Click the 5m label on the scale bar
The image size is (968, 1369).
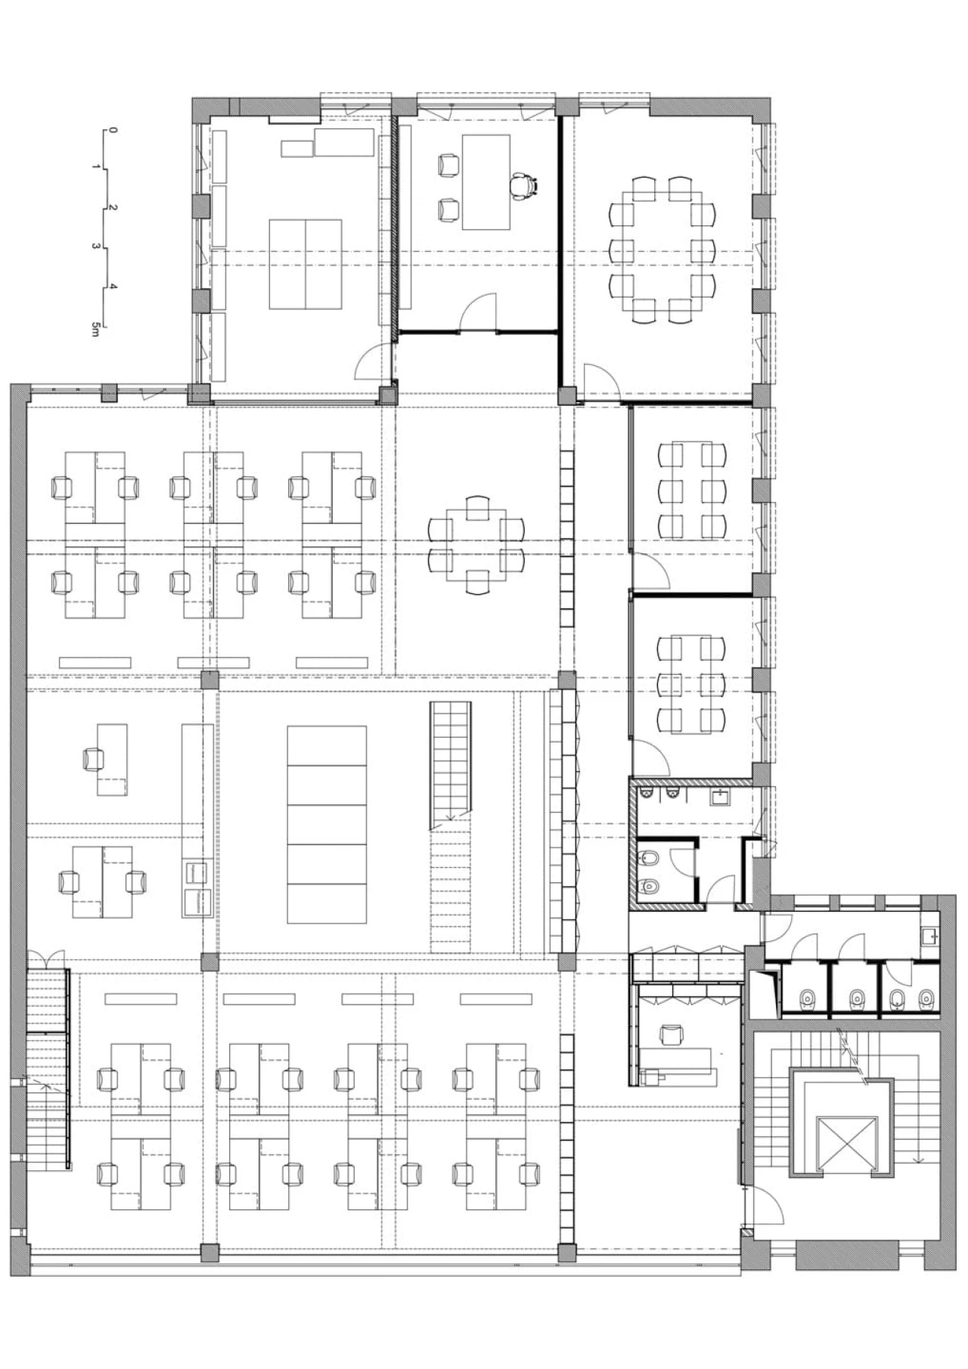pyautogui.click(x=95, y=329)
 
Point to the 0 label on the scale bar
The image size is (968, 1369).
pyautogui.click(x=112, y=129)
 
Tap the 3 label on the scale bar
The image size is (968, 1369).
pyautogui.click(x=96, y=246)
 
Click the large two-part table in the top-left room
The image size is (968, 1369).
pyautogui.click(x=306, y=264)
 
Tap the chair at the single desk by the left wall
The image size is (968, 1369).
pyautogui.click(x=94, y=758)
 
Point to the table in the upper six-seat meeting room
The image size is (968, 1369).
pyautogui.click(x=692, y=491)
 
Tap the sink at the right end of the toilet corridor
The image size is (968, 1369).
pyautogui.click(x=930, y=934)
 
